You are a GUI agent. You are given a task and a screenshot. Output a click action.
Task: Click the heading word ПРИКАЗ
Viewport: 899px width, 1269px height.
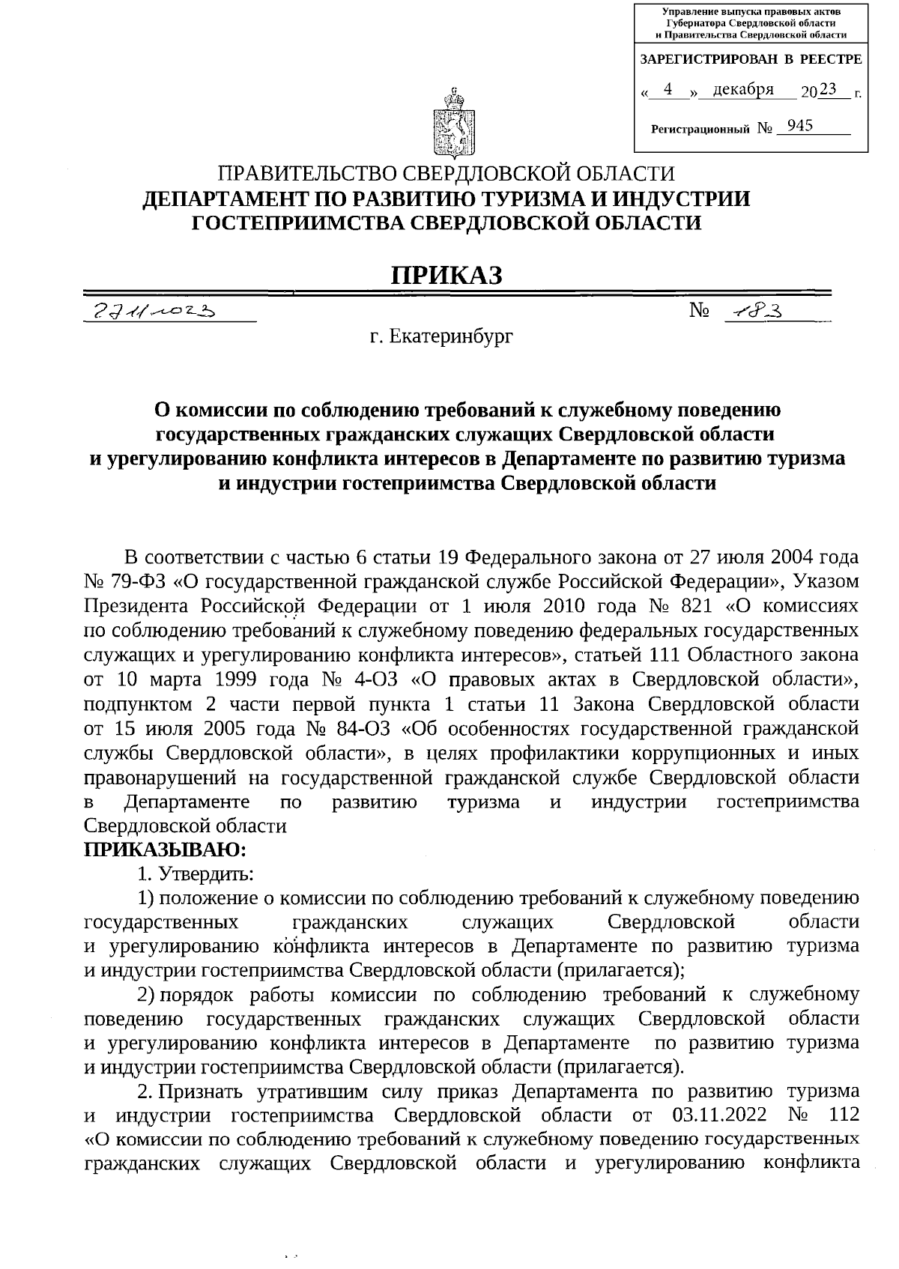click(x=447, y=275)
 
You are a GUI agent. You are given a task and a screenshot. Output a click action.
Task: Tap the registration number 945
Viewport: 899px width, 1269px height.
click(x=800, y=126)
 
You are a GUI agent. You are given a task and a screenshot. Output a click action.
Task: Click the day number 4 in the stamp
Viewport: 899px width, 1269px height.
click(x=668, y=90)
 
